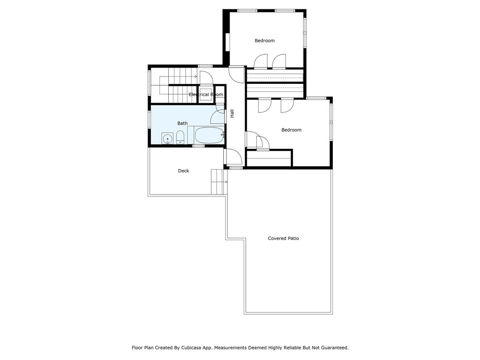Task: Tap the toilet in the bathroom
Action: (x=180, y=137)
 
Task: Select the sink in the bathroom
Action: (x=167, y=138)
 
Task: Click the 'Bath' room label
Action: (x=182, y=123)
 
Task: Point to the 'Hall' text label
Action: (x=232, y=113)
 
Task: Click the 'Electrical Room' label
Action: (x=206, y=95)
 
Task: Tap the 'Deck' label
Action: (x=184, y=171)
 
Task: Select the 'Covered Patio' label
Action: (x=283, y=238)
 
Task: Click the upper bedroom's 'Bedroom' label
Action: (x=265, y=41)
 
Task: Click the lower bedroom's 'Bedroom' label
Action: (x=291, y=130)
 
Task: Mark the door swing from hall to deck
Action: (x=233, y=156)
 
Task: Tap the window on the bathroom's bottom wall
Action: (x=198, y=146)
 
